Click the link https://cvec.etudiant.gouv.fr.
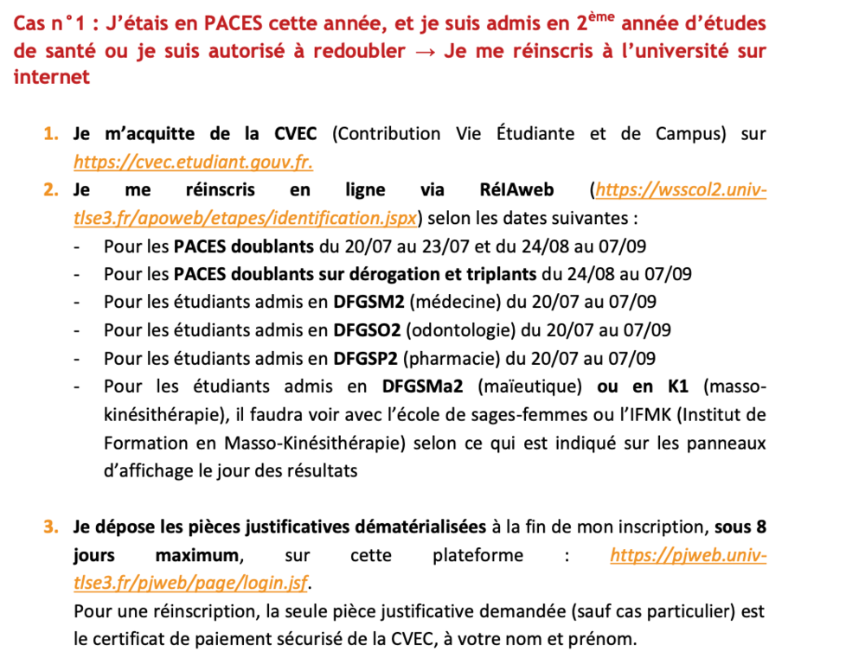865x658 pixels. point(192,162)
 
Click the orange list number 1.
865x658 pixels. point(50,134)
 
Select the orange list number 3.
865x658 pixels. point(50,527)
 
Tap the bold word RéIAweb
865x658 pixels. point(516,189)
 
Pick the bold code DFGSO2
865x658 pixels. point(366,329)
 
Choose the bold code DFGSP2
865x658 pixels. point(364,358)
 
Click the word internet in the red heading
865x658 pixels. point(51,78)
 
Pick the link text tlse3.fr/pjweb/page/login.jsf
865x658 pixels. point(191,583)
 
